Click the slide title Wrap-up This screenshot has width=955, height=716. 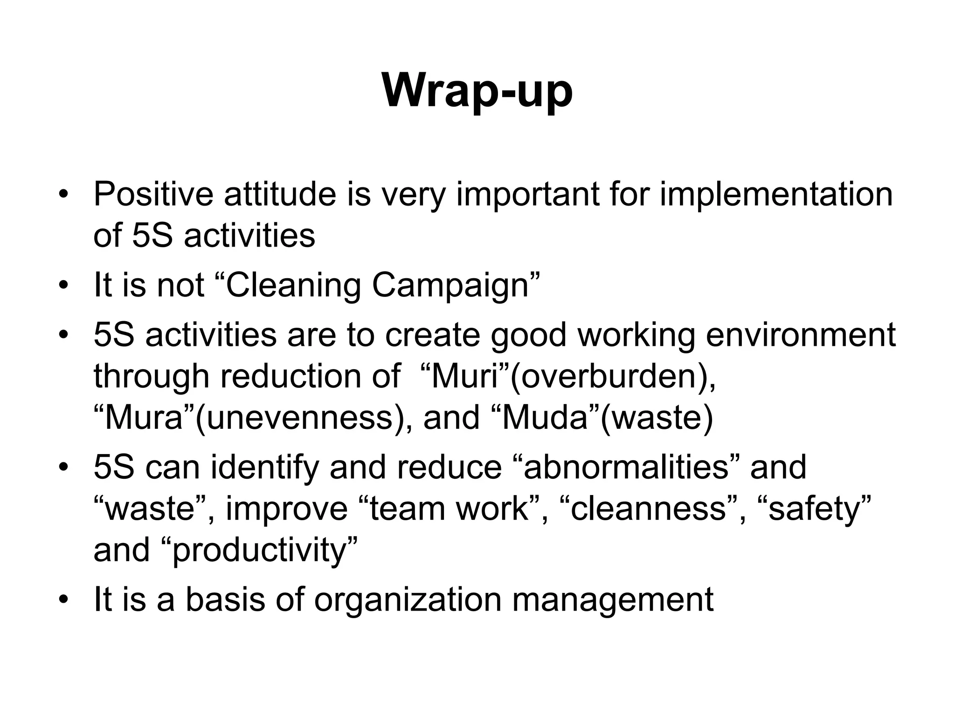(x=477, y=91)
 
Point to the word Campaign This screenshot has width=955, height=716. (x=450, y=285)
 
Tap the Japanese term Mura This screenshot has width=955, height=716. (x=144, y=417)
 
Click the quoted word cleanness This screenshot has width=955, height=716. (x=648, y=508)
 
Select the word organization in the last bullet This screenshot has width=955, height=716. (x=408, y=599)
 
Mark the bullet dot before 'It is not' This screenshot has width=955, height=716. (x=63, y=285)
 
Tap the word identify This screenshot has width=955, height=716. (x=265, y=467)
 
